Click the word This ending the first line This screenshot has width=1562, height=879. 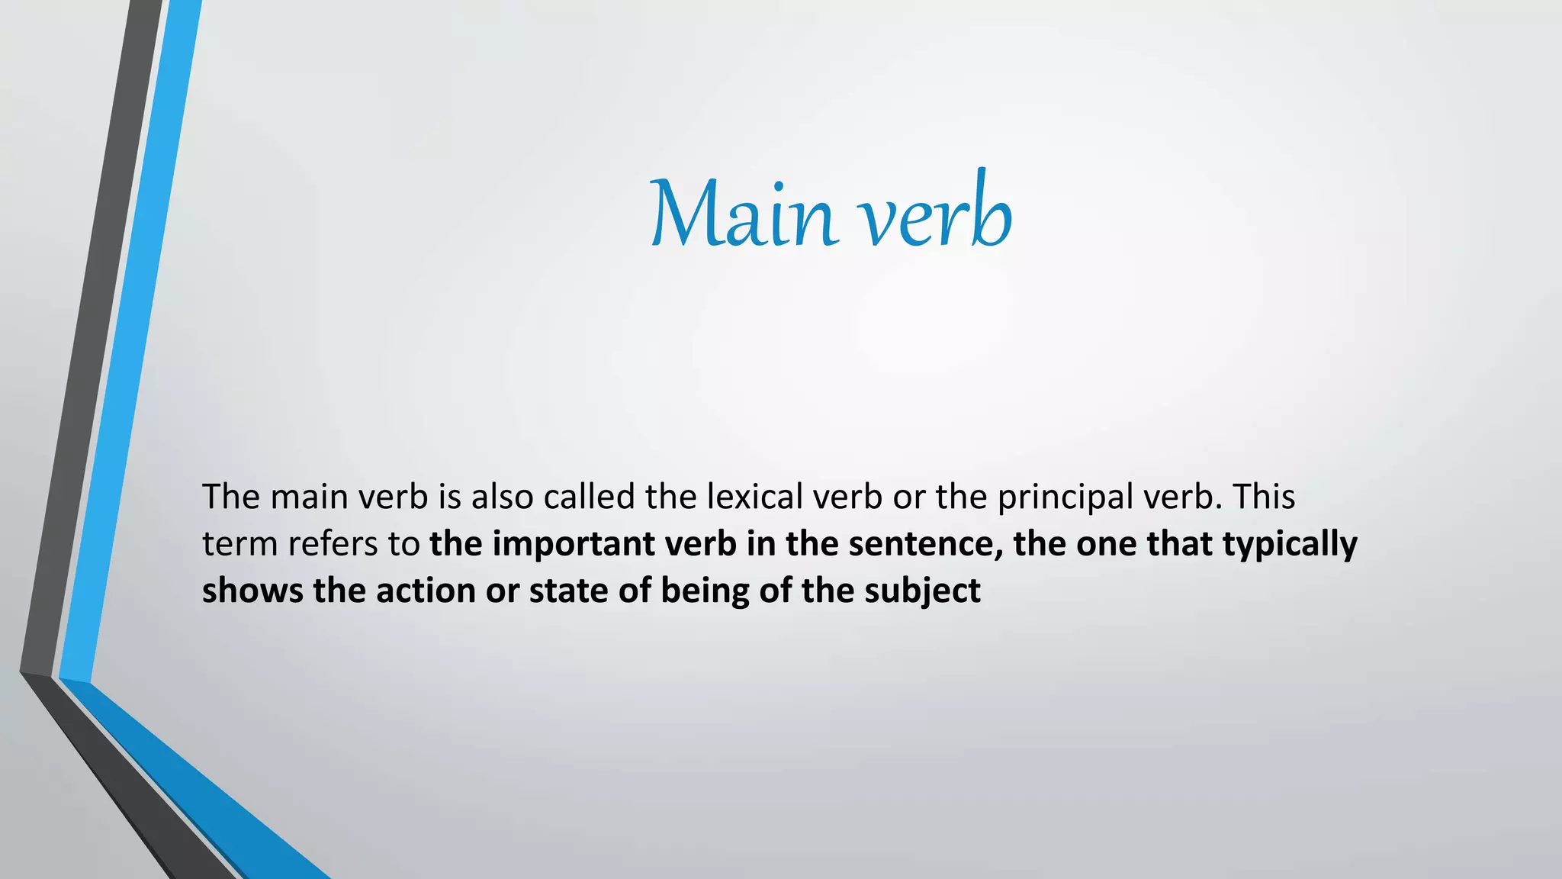pyautogui.click(x=1265, y=497)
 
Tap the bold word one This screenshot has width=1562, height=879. pyautogui.click(x=1106, y=545)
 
